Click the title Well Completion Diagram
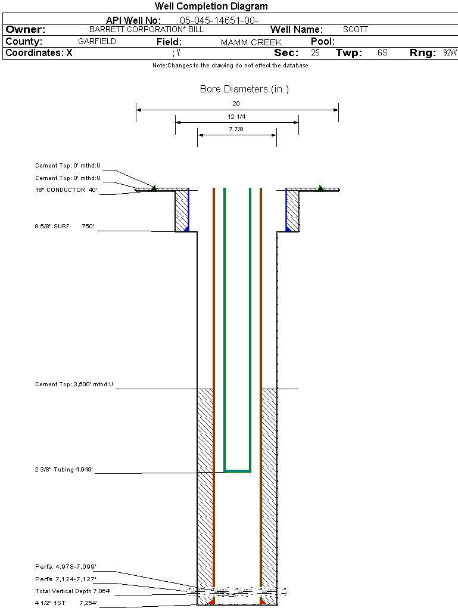click(211, 7)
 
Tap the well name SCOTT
click(356, 29)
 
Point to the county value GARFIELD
click(97, 42)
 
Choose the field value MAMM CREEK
click(251, 42)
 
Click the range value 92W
click(450, 53)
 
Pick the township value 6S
click(382, 53)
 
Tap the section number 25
click(315, 53)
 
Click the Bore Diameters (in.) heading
click(244, 89)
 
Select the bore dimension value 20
click(236, 104)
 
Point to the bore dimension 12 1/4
click(236, 116)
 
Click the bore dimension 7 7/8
click(236, 129)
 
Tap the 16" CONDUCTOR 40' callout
click(66, 190)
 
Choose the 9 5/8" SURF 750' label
click(66, 227)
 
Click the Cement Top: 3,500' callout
click(74, 384)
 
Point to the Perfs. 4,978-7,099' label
click(66, 566)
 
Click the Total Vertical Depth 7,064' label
click(73, 591)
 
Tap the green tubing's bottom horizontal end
click(237, 471)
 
